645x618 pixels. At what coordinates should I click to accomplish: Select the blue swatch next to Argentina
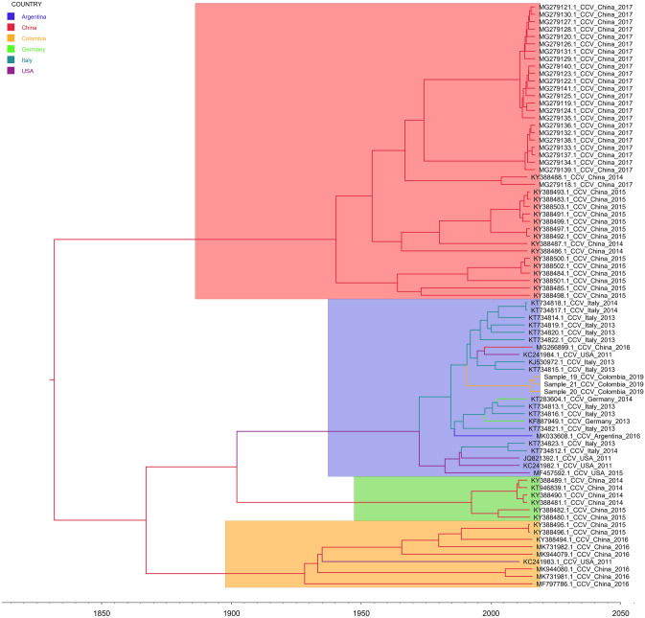[11, 17]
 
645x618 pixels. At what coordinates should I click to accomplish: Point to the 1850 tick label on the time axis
[101, 611]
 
